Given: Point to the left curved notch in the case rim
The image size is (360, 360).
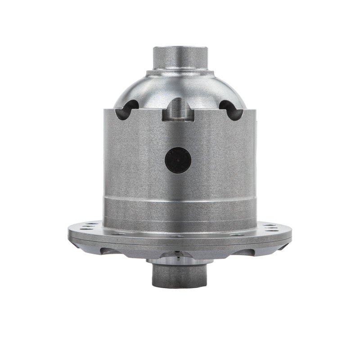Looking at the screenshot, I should (x=127, y=111).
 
